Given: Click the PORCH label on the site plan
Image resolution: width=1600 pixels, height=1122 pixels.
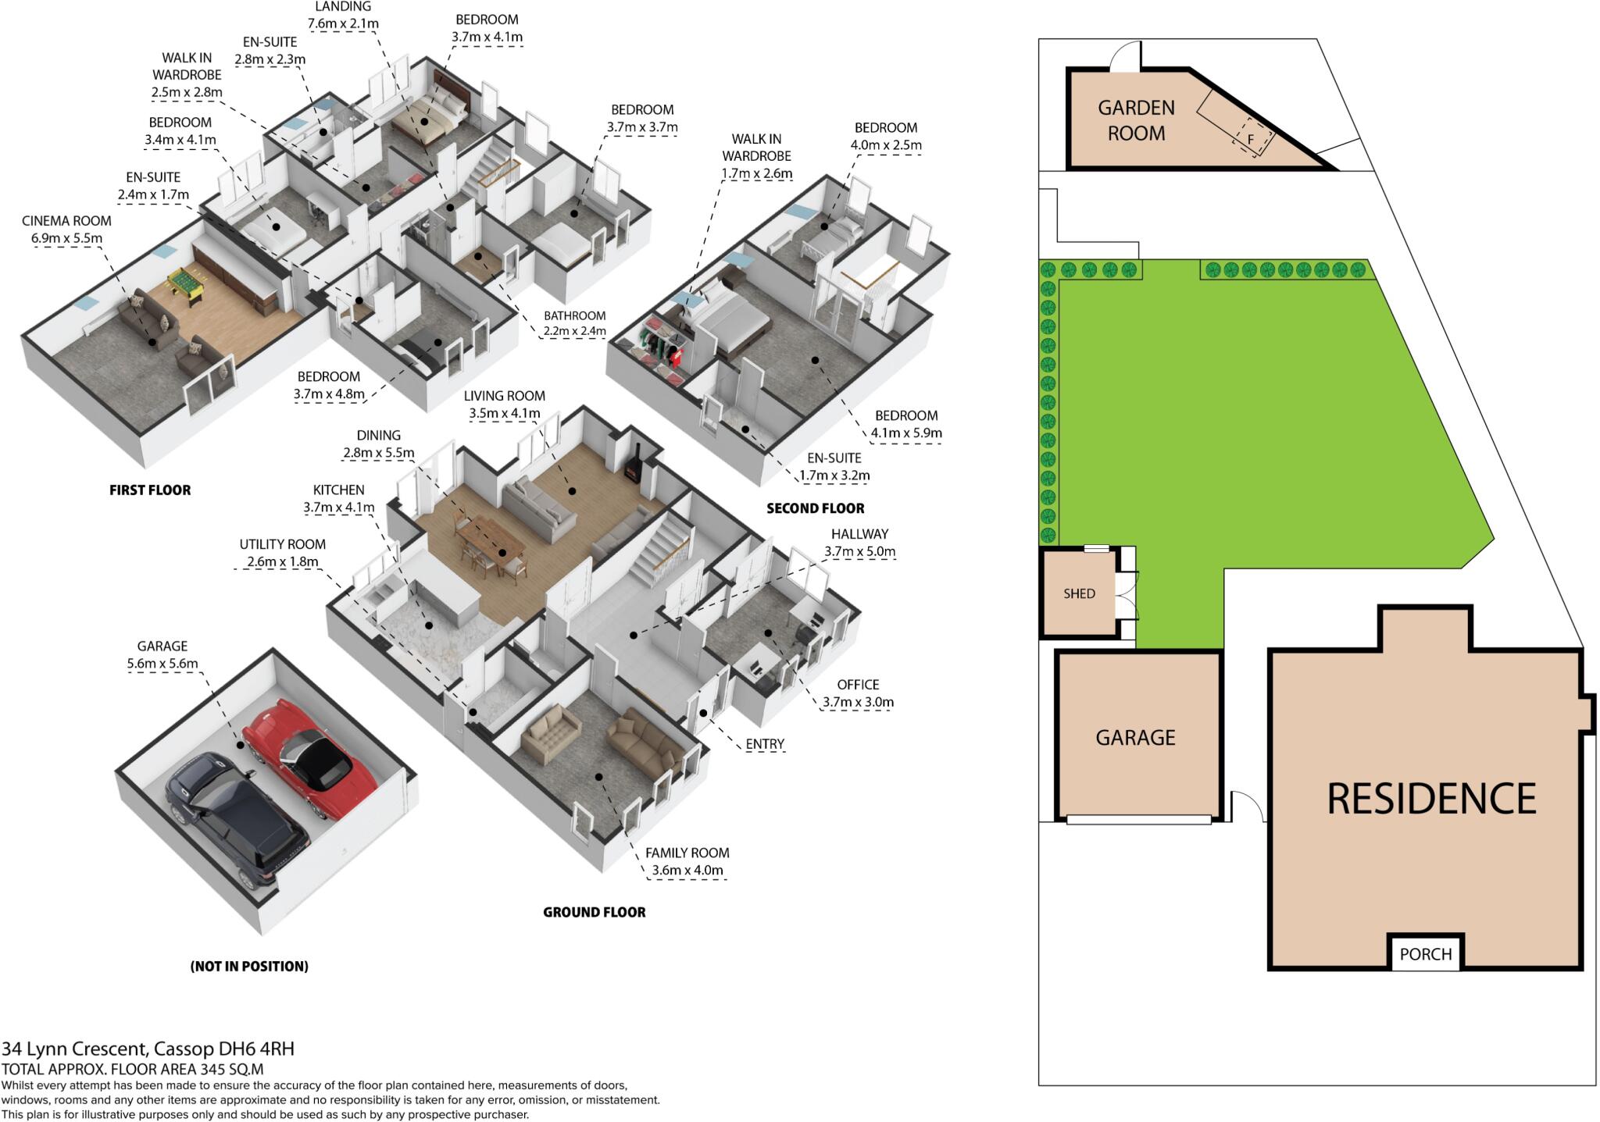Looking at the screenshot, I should pyautogui.click(x=1425, y=953).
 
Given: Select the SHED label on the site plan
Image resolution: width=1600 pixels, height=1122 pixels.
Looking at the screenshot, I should pyautogui.click(x=1079, y=593).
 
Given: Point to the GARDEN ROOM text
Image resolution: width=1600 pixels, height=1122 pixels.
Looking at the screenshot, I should pyautogui.click(x=1136, y=120).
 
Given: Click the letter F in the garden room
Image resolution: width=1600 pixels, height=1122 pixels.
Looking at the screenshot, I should pyautogui.click(x=1250, y=140).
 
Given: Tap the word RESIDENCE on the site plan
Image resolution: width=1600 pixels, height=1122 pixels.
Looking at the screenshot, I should pyautogui.click(x=1431, y=799).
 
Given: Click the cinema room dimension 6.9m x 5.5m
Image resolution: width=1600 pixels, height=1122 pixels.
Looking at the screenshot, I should pyautogui.click(x=66, y=238).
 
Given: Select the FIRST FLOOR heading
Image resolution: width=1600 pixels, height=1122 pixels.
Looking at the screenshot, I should pyautogui.click(x=150, y=490).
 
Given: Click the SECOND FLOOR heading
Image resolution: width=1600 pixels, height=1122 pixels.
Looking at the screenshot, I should pyautogui.click(x=815, y=508).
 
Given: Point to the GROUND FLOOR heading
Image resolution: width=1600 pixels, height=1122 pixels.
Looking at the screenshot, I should pyautogui.click(x=594, y=912).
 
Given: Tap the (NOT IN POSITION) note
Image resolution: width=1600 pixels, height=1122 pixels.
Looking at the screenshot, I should pyautogui.click(x=249, y=966).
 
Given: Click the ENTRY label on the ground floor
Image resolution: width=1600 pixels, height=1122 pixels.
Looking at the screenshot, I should pyautogui.click(x=764, y=744).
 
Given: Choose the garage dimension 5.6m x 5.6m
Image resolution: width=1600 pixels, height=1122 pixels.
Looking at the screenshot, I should pyautogui.click(x=162, y=664).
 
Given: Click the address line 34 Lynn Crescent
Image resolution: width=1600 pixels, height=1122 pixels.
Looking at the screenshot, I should pyautogui.click(x=148, y=1049).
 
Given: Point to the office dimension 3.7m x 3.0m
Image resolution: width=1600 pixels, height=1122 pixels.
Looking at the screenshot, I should pyautogui.click(x=857, y=702).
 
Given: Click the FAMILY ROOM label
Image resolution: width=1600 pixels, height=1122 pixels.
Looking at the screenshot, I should pyautogui.click(x=687, y=853).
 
